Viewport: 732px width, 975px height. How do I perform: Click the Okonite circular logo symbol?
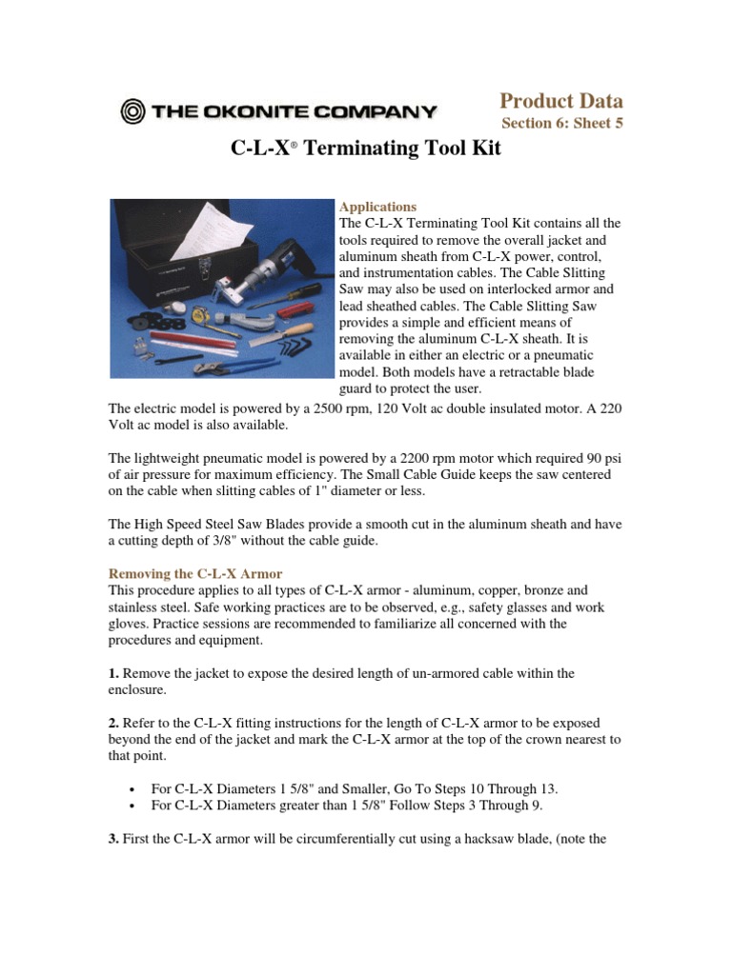coord(132,111)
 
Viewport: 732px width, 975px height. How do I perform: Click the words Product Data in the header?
coord(561,101)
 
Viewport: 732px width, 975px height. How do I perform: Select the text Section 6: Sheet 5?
coord(561,124)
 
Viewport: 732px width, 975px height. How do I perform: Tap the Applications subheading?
coord(378,207)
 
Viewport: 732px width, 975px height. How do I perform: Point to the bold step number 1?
coord(113,673)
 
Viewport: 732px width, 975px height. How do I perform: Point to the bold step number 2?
coord(113,723)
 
